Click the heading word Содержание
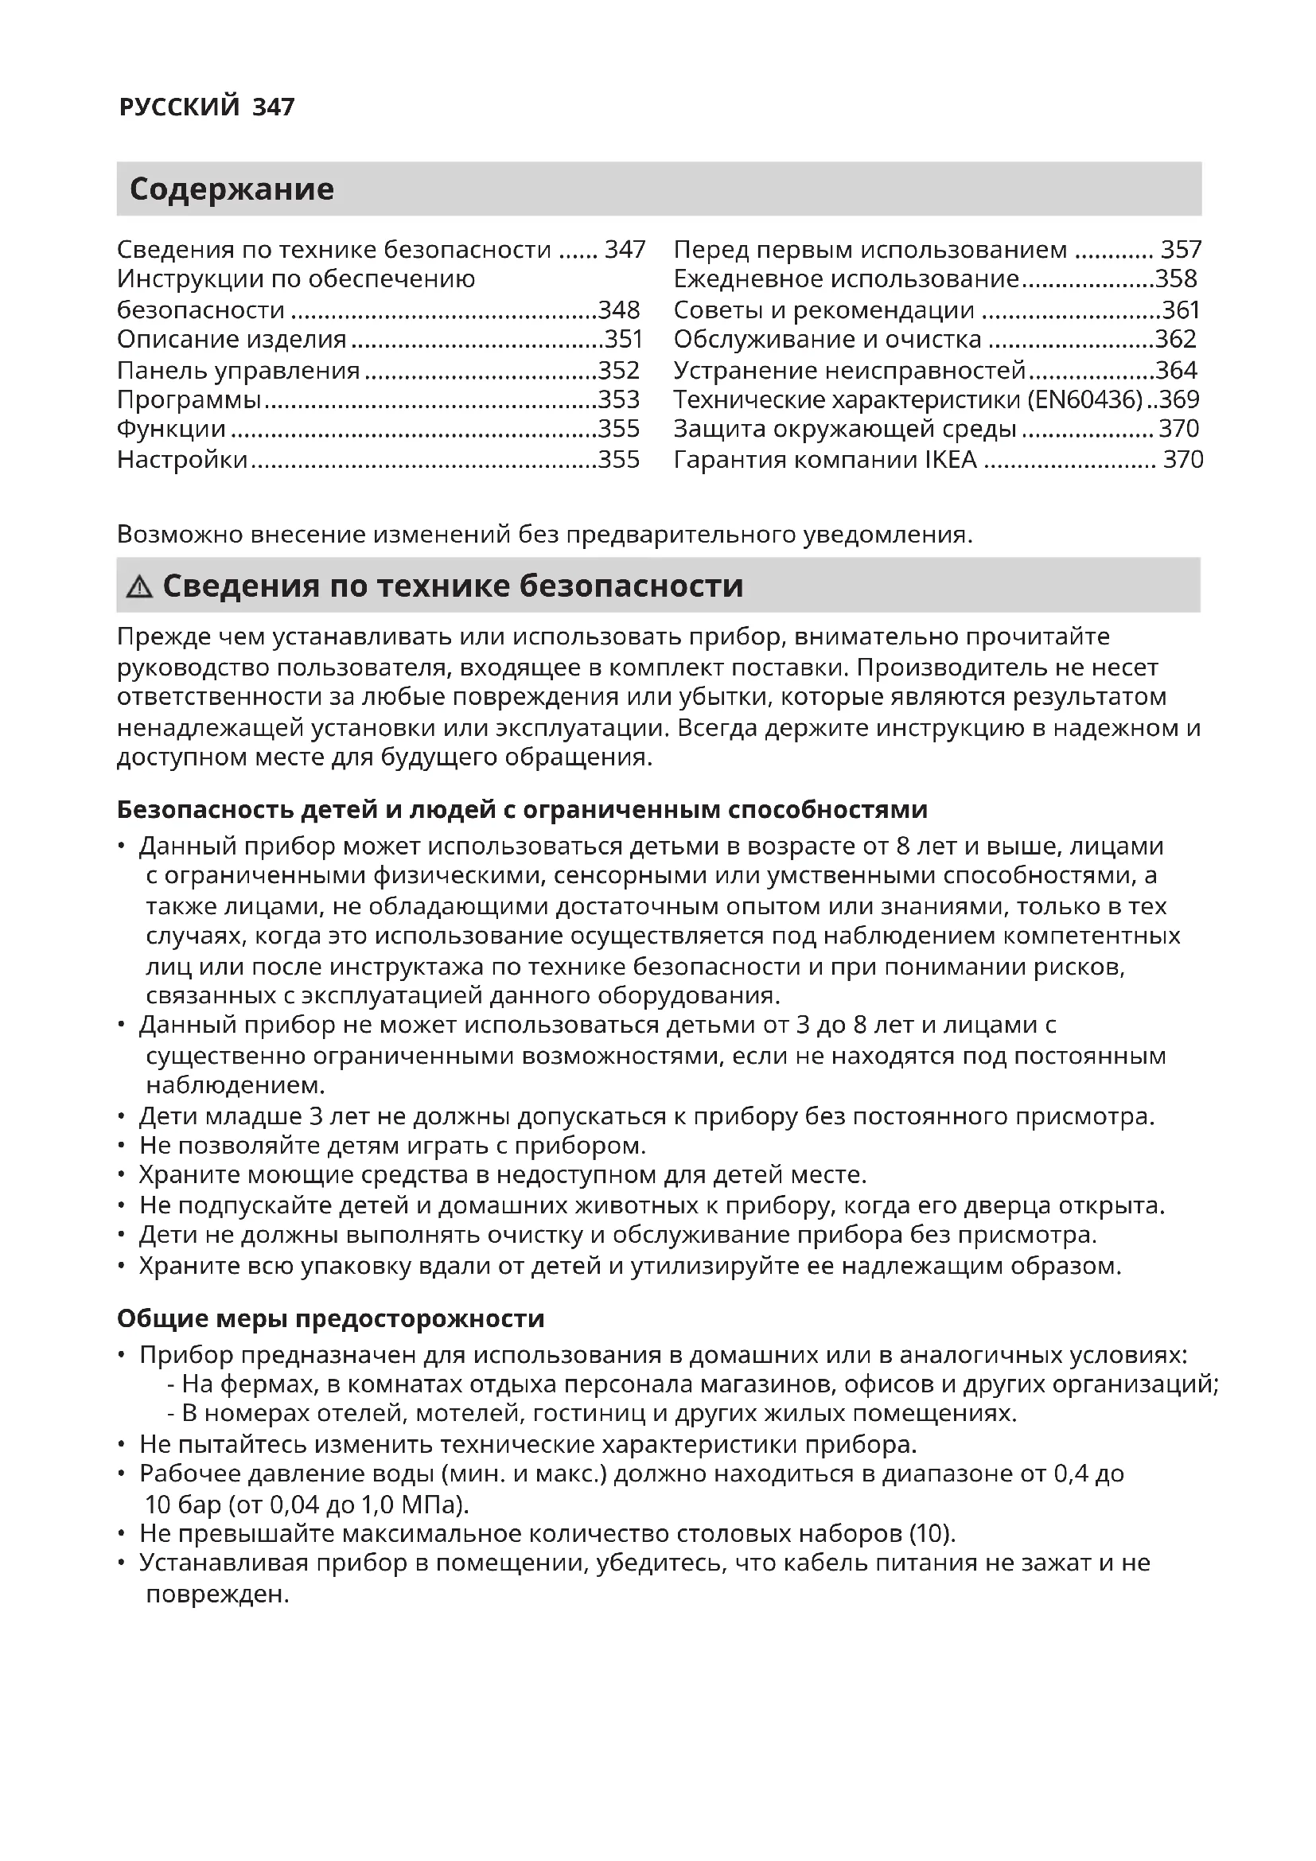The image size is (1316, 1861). click(x=232, y=189)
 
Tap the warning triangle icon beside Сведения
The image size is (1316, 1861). click(x=139, y=587)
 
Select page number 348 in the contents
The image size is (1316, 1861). click(x=619, y=310)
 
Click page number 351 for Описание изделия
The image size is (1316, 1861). click(x=622, y=339)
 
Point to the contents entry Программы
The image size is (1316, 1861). click(x=189, y=399)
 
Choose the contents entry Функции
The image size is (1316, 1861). click(x=171, y=429)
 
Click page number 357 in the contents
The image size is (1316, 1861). click(x=1181, y=249)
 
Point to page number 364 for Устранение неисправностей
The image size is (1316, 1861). click(x=1176, y=371)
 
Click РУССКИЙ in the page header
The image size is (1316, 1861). click(x=179, y=106)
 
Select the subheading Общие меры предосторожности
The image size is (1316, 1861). click(x=331, y=1318)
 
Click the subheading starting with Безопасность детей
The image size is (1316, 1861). click(x=522, y=809)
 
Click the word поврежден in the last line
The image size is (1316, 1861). click(x=217, y=1594)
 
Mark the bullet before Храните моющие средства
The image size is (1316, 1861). click(x=122, y=1175)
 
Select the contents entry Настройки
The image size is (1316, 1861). click(x=182, y=460)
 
